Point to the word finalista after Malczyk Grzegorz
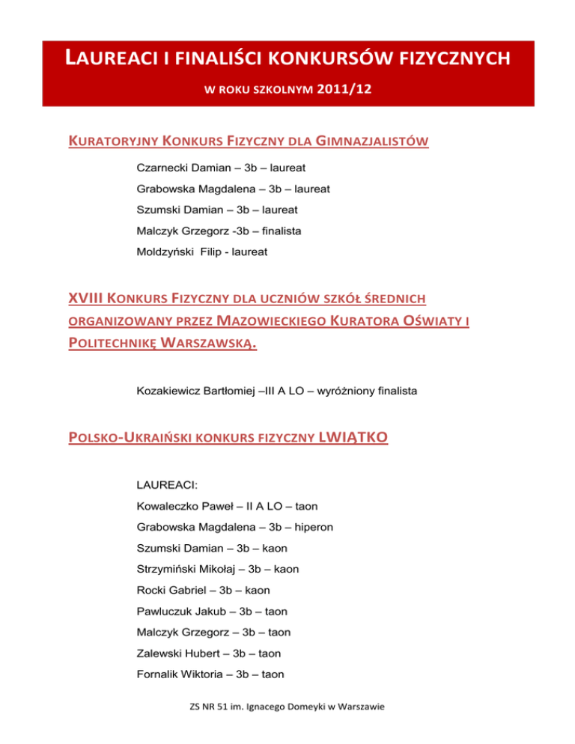tap(279, 232)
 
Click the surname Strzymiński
tap(167, 570)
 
